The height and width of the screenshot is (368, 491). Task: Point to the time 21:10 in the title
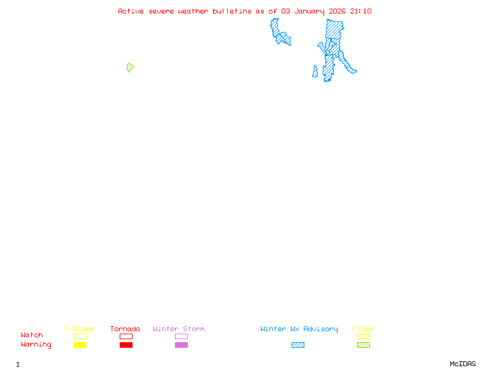pyautogui.click(x=361, y=11)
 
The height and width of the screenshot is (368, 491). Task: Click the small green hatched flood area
pyautogui.click(x=130, y=67)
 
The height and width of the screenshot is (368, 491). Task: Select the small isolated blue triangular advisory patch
pyautogui.click(x=315, y=72)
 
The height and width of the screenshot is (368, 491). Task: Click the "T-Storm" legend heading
pyautogui.click(x=79, y=329)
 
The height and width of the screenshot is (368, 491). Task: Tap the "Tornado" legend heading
pyautogui.click(x=125, y=329)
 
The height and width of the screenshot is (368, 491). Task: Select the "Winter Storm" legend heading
pyautogui.click(x=179, y=329)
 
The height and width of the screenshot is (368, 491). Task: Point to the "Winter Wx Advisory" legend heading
pyautogui.click(x=299, y=329)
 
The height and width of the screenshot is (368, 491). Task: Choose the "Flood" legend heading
pyautogui.click(x=363, y=329)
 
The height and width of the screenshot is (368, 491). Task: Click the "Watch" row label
pyautogui.click(x=32, y=335)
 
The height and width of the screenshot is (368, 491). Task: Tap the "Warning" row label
pyautogui.click(x=36, y=345)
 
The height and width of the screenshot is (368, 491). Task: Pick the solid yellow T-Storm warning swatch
pyautogui.click(x=80, y=345)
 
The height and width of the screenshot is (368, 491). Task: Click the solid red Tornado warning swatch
pyautogui.click(x=126, y=345)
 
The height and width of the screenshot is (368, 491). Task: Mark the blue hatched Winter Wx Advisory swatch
pyautogui.click(x=298, y=345)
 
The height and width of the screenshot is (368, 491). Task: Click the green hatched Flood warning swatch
pyautogui.click(x=363, y=345)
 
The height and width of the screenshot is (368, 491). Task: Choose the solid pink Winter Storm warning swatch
pyautogui.click(x=181, y=345)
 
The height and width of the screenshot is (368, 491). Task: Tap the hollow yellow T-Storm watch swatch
pyautogui.click(x=80, y=336)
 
